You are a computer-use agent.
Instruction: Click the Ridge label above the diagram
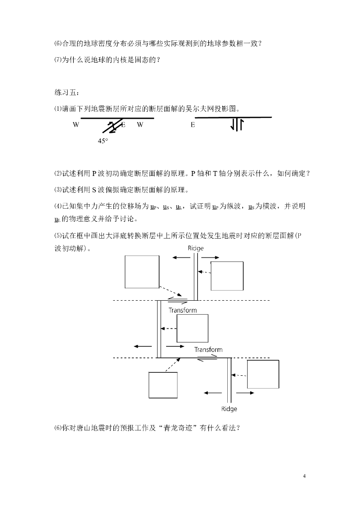[x=195, y=248]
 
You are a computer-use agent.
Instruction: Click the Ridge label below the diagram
[x=229, y=409]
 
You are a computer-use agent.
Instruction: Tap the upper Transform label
[x=182, y=310]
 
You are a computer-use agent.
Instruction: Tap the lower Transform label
[x=208, y=349]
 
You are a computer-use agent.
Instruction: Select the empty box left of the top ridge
[x=142, y=271]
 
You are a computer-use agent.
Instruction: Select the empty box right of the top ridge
[x=227, y=276]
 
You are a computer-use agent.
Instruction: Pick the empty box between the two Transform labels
[x=192, y=328]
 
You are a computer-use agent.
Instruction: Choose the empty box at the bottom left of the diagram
[x=163, y=385]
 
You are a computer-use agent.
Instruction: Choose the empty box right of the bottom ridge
[x=263, y=374]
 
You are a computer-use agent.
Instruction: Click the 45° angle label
[x=102, y=141]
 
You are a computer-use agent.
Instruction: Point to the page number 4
[x=304, y=476]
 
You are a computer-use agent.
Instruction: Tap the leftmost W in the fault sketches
[x=76, y=125]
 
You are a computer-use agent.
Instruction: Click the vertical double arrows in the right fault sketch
[x=236, y=125]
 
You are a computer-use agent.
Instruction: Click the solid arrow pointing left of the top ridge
[x=181, y=257]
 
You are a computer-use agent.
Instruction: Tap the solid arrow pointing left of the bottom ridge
[x=213, y=393]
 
